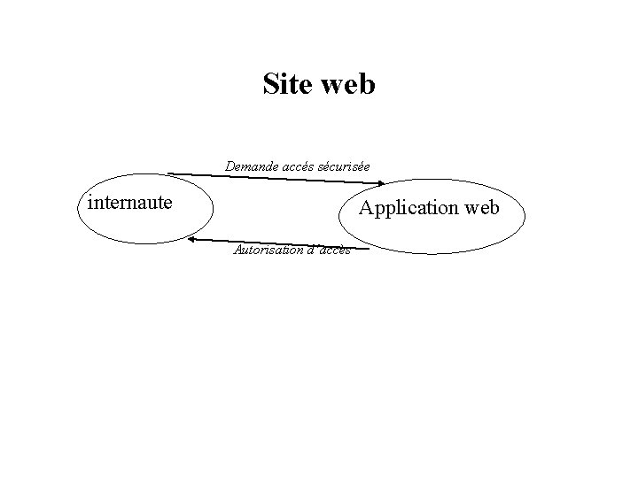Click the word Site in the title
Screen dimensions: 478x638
pyautogui.click(x=286, y=84)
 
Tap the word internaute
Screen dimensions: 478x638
pyautogui.click(x=130, y=203)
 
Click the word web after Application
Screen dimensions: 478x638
pyautogui.click(x=479, y=208)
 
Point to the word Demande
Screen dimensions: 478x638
pyautogui.click(x=251, y=166)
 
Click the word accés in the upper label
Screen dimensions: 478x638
pyautogui.click(x=299, y=166)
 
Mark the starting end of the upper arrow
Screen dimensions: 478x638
pyautogui.click(x=169, y=173)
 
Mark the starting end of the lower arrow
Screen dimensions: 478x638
pyautogui.click(x=367, y=248)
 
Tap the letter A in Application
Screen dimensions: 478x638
pyautogui.click(x=365, y=208)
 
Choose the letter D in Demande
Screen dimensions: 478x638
pyautogui.click(x=230, y=166)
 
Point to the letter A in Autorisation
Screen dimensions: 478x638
pyautogui.click(x=237, y=250)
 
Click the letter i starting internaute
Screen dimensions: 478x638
pyautogui.click(x=90, y=202)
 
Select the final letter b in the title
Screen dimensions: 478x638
pyautogui.click(x=368, y=84)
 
